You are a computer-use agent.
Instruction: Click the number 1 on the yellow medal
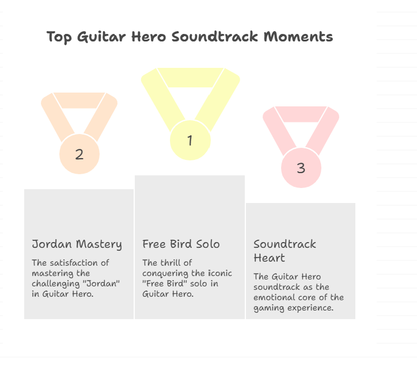190,140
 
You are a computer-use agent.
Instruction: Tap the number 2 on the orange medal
79,154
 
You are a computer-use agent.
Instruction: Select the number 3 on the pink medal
301,168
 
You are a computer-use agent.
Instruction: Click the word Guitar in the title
101,37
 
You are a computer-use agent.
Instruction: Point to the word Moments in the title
298,37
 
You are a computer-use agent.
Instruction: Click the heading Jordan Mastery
77,244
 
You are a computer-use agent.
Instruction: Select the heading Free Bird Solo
181,244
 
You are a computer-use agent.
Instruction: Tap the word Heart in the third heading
269,258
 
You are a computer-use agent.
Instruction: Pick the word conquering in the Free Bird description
166,274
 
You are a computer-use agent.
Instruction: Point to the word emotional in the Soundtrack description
272,297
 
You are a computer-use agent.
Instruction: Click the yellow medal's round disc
190,140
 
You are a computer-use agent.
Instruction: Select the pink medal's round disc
301,168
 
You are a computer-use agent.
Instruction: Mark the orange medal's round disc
79,154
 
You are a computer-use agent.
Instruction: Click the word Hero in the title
149,37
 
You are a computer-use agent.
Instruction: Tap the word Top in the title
59,37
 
